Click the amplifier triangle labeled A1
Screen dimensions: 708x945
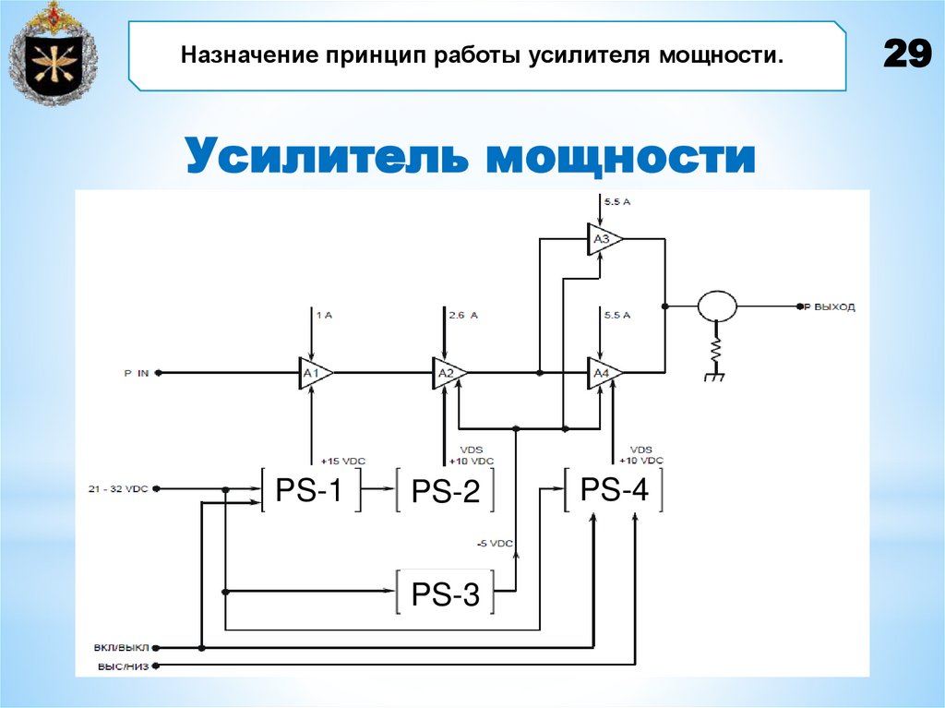314,372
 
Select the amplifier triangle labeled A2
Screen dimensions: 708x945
449,372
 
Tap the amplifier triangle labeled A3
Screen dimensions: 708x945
604,240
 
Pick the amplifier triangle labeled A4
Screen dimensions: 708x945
604,372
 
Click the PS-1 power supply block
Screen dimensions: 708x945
308,490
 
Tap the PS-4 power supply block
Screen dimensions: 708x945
614,489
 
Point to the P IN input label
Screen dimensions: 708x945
137,373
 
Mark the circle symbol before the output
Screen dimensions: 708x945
716,305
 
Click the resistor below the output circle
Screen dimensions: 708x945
716,351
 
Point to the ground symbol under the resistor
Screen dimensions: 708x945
715,377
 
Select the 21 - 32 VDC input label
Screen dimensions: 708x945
119,487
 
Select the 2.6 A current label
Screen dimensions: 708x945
462,315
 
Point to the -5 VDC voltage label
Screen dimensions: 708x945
495,543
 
